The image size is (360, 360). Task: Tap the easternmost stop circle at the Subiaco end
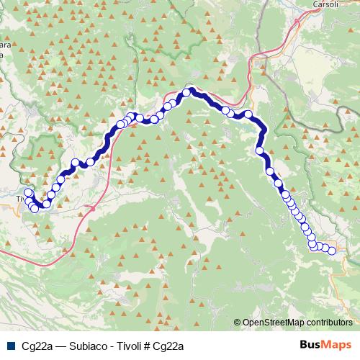tap(332, 251)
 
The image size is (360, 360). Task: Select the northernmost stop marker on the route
tap(186, 92)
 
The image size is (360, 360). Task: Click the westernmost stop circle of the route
tap(28, 193)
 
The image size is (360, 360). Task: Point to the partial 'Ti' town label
tap(19, 199)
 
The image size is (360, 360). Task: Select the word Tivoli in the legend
tap(129, 345)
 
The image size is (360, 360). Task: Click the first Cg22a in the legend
tap(35, 345)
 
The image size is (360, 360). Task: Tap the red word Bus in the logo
tap(310, 344)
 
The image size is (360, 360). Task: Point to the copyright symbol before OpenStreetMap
tap(238, 323)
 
